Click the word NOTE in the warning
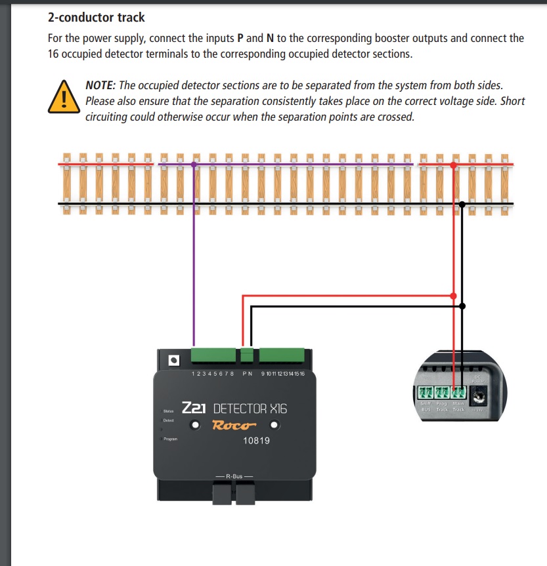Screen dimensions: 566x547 coord(100,86)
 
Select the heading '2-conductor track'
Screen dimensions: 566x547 coord(97,17)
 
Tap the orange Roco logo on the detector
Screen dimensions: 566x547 coord(234,424)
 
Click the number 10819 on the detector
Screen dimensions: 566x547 coord(256,440)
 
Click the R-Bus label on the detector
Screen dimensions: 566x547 coord(234,475)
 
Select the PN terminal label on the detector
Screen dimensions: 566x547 coord(248,374)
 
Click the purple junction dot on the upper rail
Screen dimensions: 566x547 coord(194,163)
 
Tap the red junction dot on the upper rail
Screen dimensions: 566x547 coord(453,163)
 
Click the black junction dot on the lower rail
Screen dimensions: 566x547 coord(462,204)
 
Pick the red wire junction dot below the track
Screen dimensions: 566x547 coord(453,296)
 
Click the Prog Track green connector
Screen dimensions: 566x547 coord(442,394)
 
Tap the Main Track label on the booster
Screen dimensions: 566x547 coord(458,407)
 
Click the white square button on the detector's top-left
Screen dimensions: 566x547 coord(173,360)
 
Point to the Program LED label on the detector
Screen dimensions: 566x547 coord(170,439)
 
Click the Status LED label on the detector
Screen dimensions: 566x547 coord(169,411)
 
